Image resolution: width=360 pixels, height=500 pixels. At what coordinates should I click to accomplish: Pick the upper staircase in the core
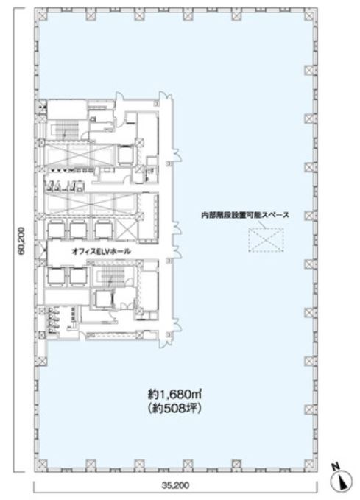64,129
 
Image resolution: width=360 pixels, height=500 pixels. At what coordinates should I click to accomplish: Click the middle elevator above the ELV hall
78,230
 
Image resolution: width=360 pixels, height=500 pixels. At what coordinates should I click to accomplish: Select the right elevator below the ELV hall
78,275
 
